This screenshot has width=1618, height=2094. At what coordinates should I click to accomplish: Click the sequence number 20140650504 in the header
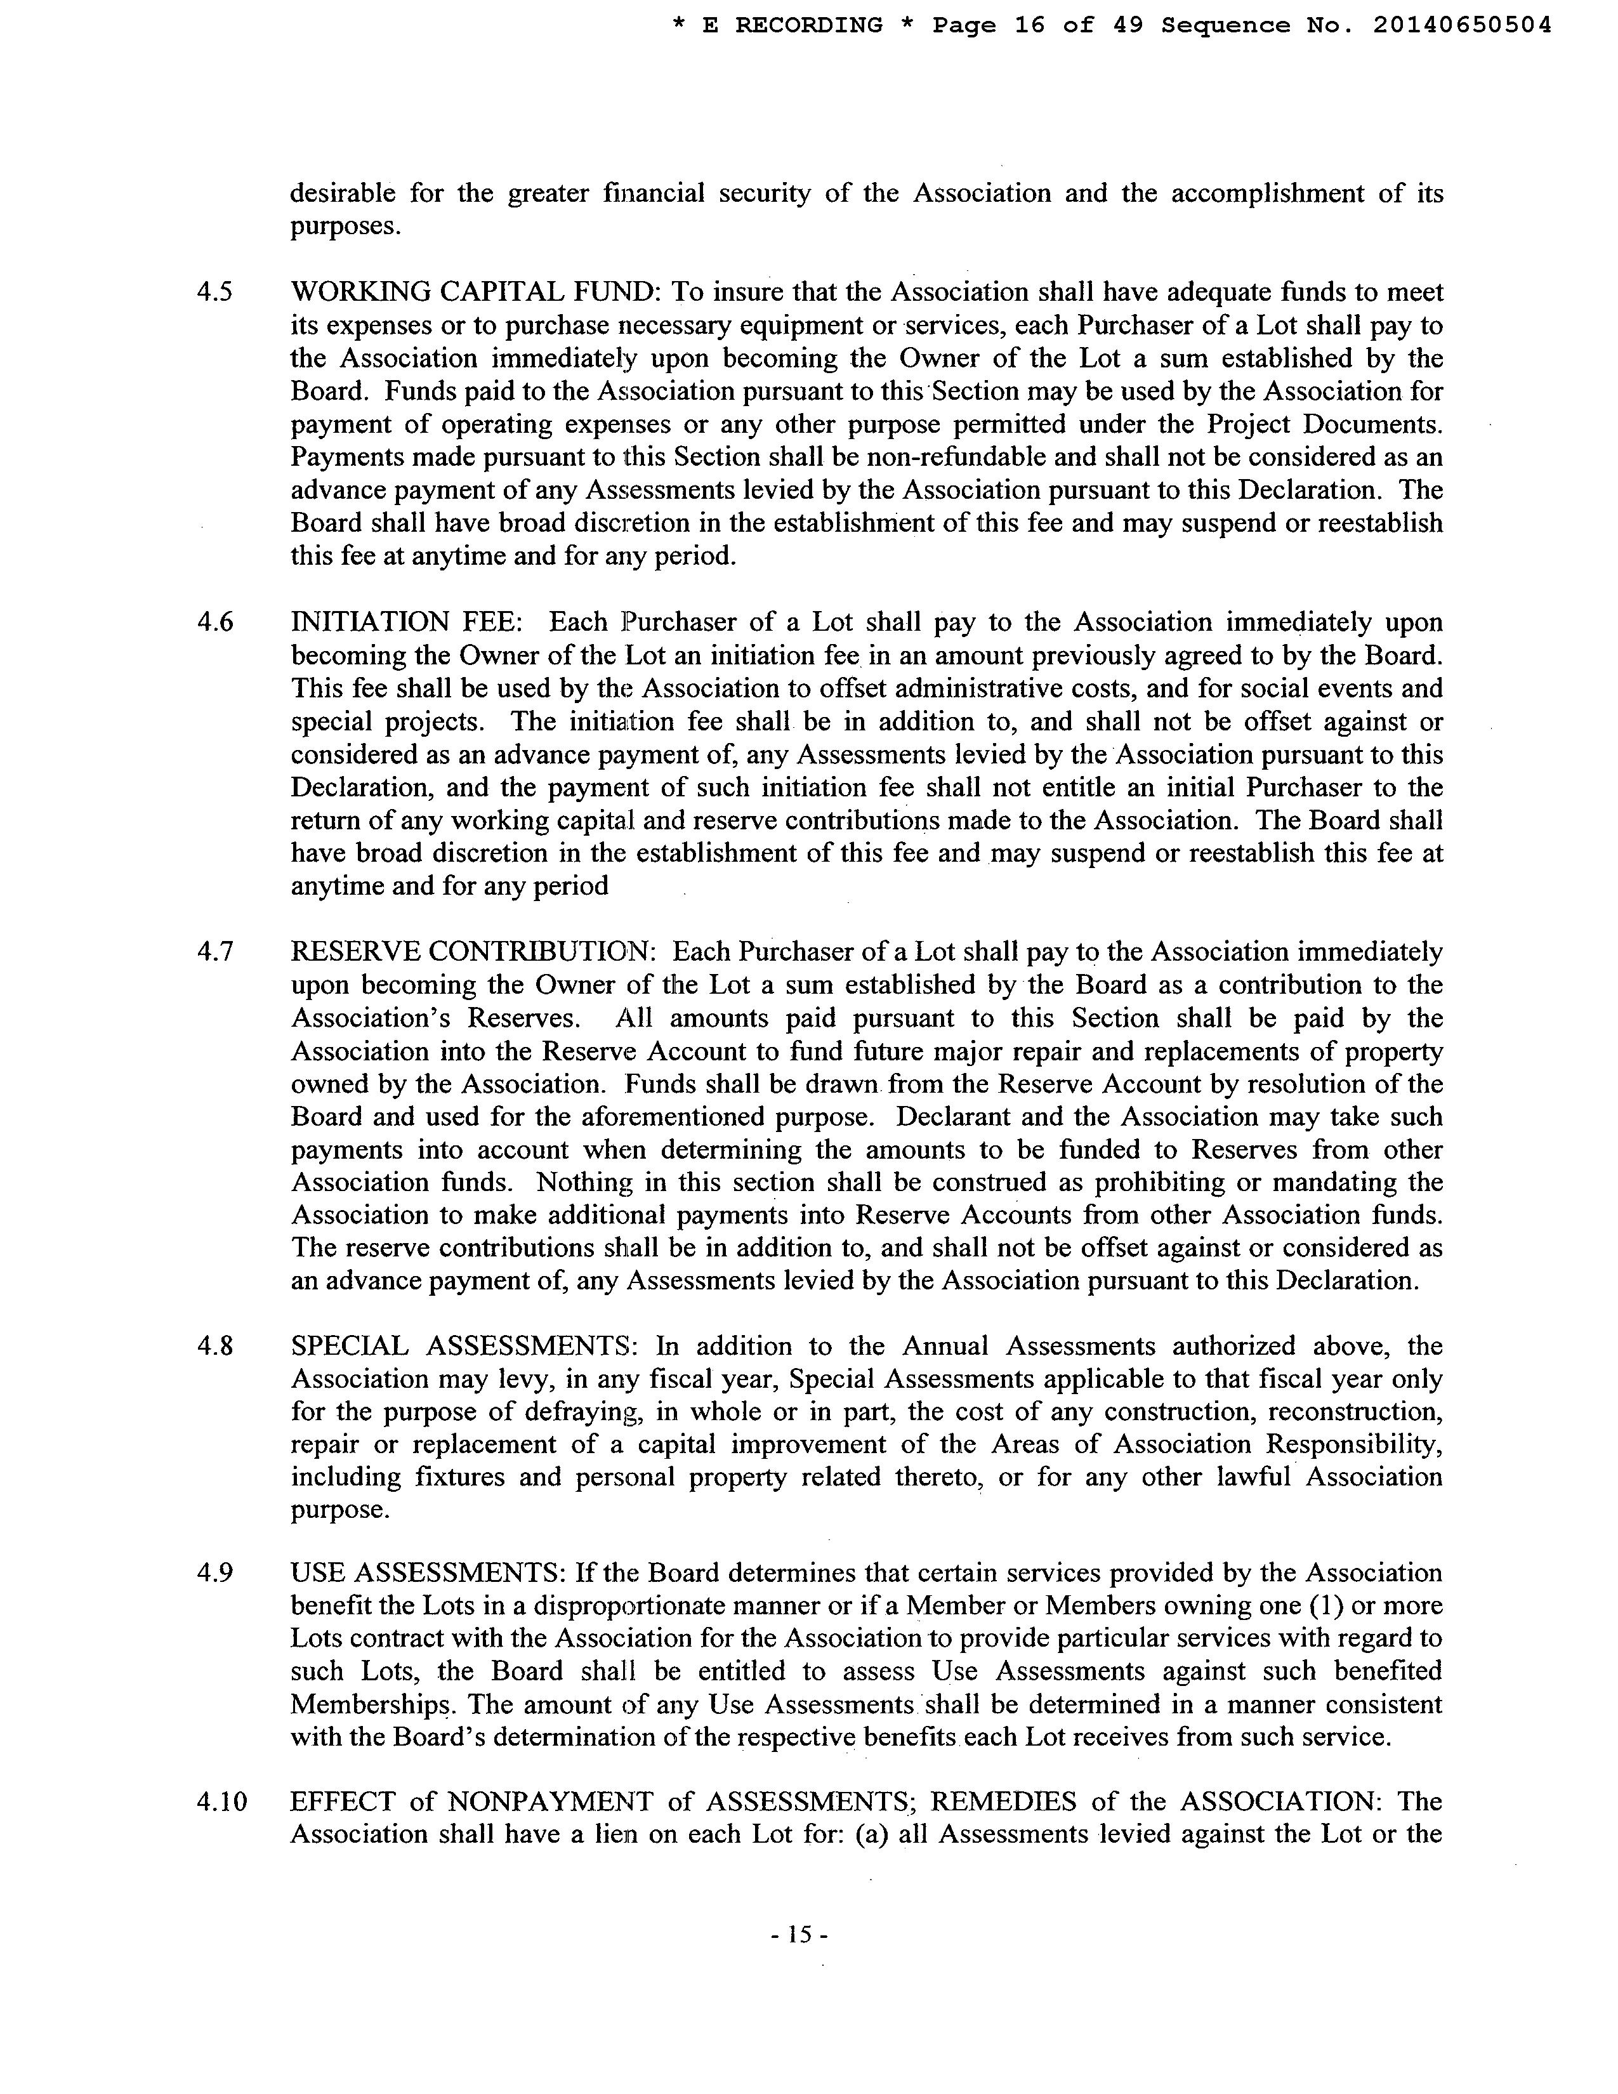[1462, 26]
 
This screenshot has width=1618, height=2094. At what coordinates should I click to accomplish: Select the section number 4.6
[214, 622]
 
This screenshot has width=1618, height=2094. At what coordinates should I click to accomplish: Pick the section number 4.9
[214, 1574]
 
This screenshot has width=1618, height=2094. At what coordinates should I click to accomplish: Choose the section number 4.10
[221, 1801]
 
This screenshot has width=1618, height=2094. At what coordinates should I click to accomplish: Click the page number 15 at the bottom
[798, 1935]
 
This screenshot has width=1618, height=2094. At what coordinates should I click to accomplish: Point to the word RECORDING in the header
[808, 26]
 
